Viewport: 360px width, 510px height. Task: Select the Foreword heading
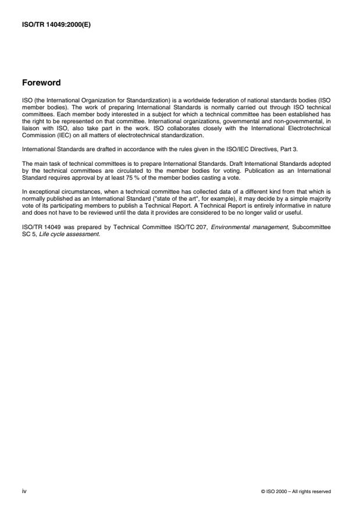coord(41,83)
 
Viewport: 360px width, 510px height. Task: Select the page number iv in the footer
coord(24,491)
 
